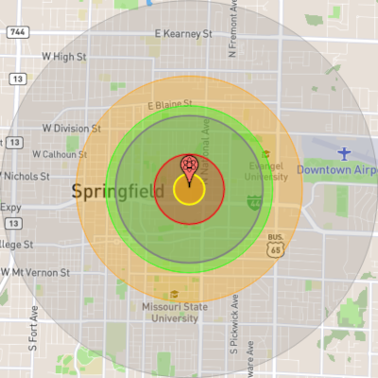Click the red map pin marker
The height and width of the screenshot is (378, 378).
point(189,167)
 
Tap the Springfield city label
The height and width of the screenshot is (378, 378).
point(112,193)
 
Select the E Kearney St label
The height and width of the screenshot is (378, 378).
point(182,34)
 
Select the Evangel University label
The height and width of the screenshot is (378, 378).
point(266,170)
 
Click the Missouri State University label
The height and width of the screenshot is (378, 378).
point(175,313)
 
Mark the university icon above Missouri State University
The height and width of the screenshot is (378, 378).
point(174,294)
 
